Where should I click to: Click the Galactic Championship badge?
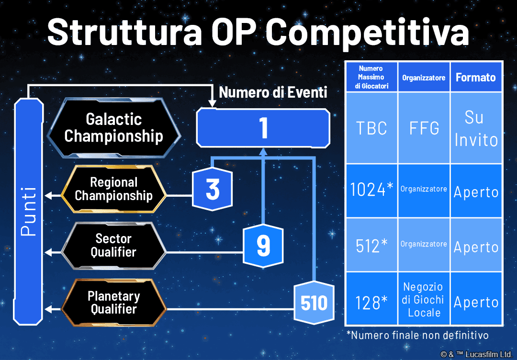[114, 128]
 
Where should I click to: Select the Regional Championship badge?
[114, 189]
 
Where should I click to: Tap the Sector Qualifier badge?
[114, 246]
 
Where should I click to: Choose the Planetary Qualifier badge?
[114, 303]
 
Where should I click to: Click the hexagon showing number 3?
[213, 189]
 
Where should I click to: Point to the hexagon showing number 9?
[263, 246]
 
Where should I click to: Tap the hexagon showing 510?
[314, 303]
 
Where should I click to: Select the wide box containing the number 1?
[263, 128]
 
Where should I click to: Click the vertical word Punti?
[28, 211]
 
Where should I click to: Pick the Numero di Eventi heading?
[273, 92]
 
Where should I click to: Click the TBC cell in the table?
[371, 128]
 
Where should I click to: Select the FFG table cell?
[424, 128]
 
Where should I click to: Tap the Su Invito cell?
[476, 128]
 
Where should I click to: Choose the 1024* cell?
[371, 191]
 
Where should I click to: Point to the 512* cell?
[371, 245]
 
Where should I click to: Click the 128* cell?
[371, 299]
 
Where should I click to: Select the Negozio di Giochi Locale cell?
[424, 299]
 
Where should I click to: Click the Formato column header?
[476, 77]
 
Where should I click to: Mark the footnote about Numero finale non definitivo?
[417, 335]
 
